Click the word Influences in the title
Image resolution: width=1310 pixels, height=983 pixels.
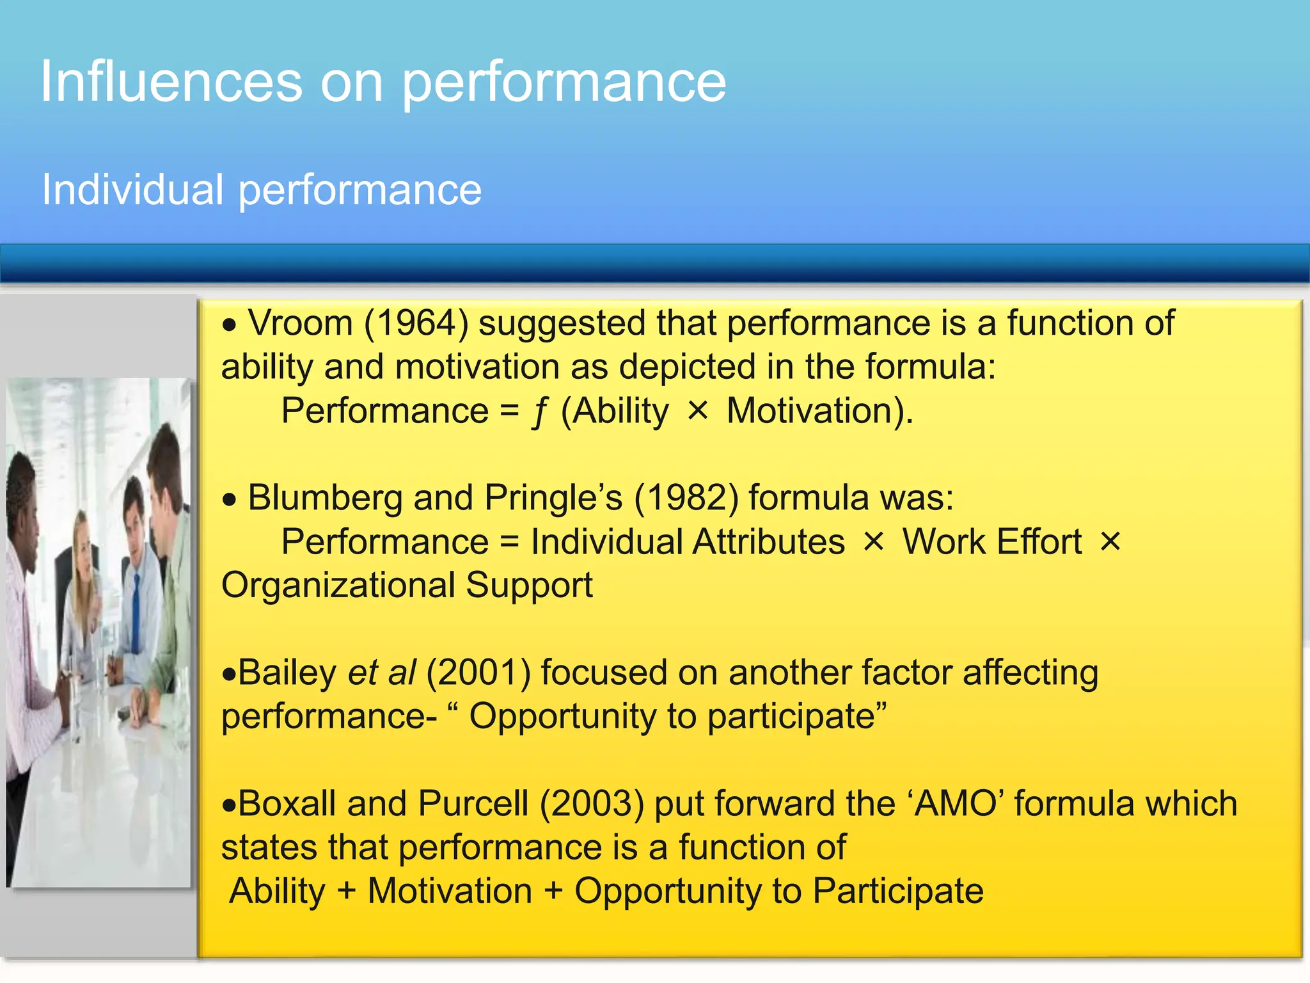[x=171, y=82]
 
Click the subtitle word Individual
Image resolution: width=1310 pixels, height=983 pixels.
[x=132, y=190]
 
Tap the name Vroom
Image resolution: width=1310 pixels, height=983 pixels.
[x=300, y=323]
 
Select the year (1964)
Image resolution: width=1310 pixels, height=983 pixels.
[x=416, y=323]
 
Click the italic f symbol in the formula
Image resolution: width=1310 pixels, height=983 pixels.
[x=541, y=412]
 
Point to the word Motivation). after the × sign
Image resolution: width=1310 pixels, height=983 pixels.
[x=820, y=411]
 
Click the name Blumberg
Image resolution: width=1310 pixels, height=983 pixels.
[x=324, y=498]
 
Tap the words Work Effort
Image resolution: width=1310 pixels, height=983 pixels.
[x=991, y=542]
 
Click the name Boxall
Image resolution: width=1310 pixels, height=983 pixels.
[x=287, y=804]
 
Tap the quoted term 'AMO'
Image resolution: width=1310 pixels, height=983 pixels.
[x=955, y=804]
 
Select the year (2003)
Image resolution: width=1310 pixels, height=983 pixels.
[x=592, y=804]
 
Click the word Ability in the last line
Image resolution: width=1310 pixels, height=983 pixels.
[x=277, y=891]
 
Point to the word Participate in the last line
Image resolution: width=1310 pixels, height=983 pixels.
[x=898, y=891]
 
